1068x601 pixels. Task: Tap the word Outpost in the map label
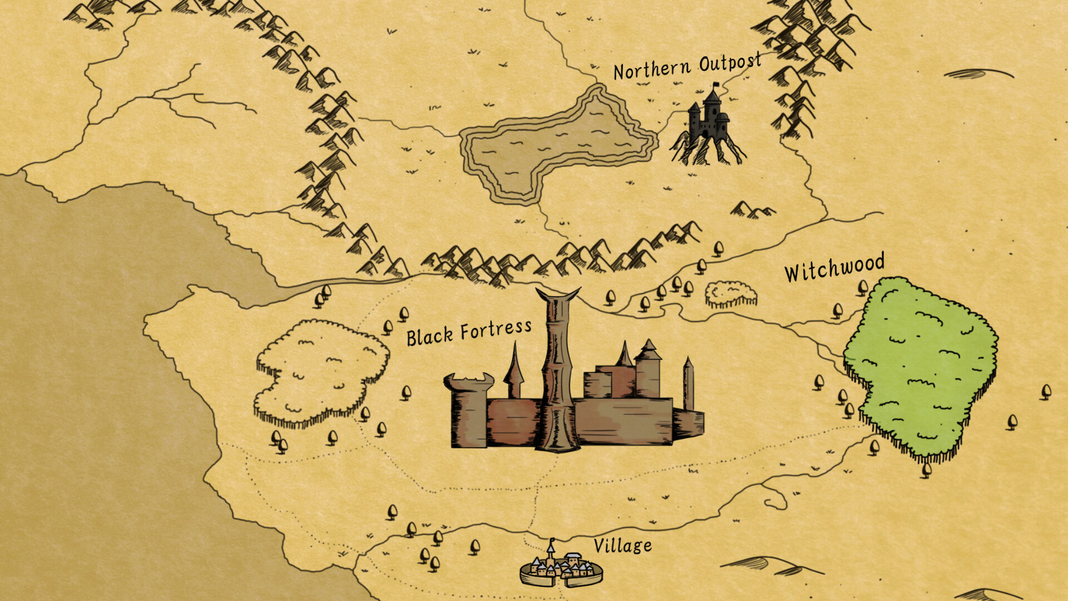(730, 63)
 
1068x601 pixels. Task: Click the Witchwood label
(834, 268)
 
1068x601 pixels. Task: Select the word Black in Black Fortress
(429, 337)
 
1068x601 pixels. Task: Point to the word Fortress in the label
(496, 330)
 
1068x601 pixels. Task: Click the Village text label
(622, 546)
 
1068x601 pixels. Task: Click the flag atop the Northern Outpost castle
(716, 86)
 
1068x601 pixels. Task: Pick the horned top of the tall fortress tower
(557, 295)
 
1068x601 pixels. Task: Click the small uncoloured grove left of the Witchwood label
(731, 293)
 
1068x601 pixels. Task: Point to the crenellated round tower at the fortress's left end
(468, 409)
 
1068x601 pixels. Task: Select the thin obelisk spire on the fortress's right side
(688, 384)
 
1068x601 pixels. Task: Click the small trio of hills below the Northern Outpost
(752, 210)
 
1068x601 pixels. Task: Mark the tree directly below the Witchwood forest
(926, 470)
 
